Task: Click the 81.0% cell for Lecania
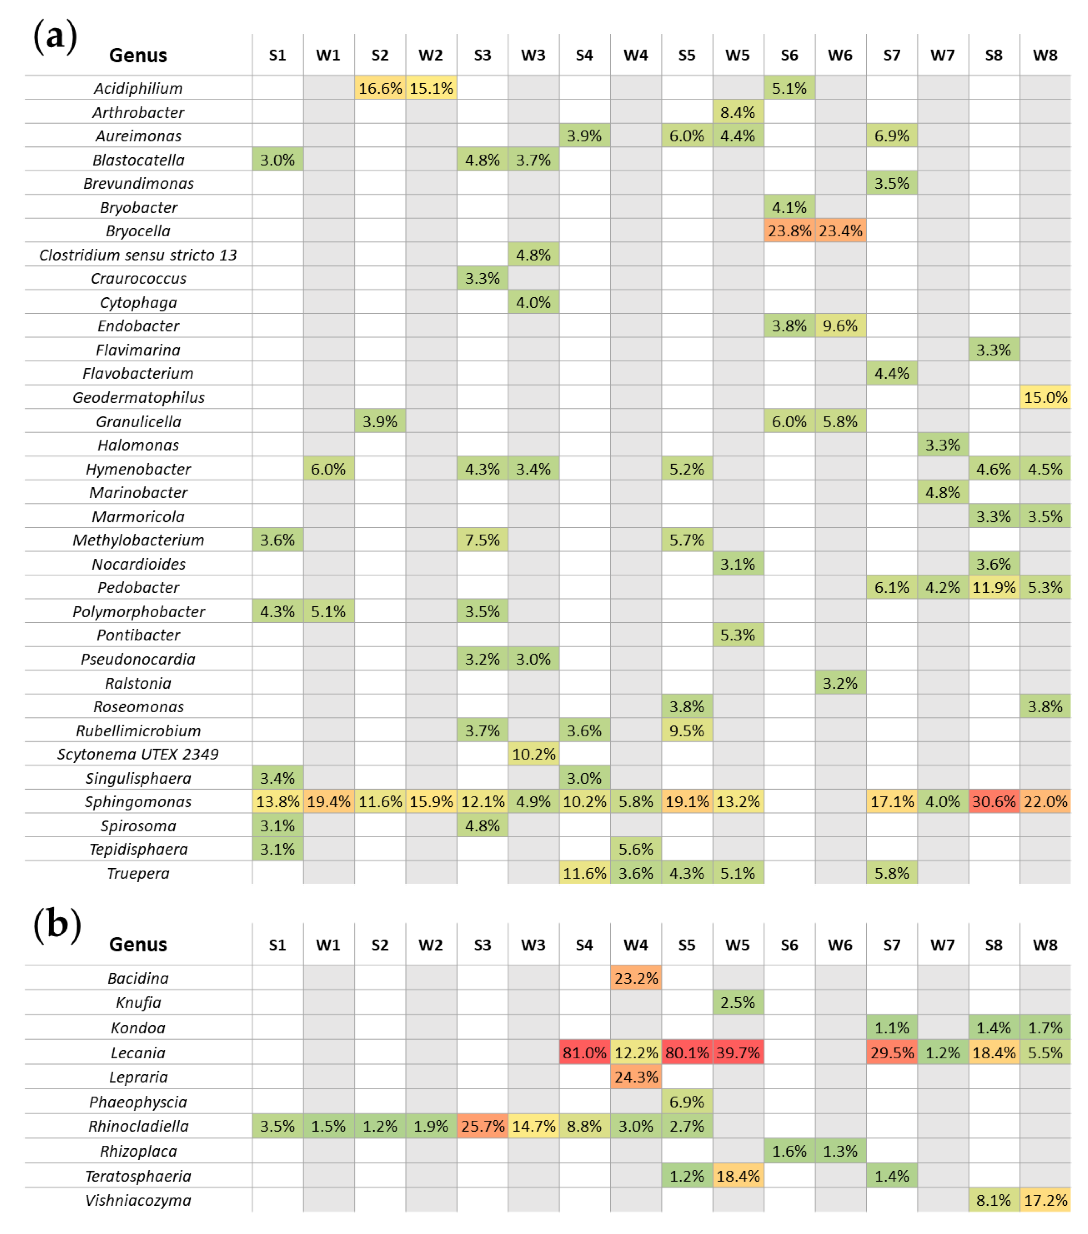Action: click(x=584, y=1053)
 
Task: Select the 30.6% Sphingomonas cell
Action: click(x=993, y=802)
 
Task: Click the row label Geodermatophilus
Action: click(x=138, y=397)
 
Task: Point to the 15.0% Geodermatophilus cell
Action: click(x=1044, y=397)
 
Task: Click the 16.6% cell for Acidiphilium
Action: click(x=380, y=88)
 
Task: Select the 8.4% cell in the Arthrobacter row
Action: click(x=737, y=112)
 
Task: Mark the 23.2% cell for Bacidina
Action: click(x=636, y=978)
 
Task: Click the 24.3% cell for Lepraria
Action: click(x=636, y=1077)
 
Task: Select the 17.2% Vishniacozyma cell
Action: click(x=1044, y=1200)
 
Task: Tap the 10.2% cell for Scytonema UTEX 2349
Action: click(x=533, y=754)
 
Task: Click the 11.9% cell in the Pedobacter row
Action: click(x=993, y=587)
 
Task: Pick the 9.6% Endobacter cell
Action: click(x=840, y=326)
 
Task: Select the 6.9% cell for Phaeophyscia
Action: click(x=686, y=1102)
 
